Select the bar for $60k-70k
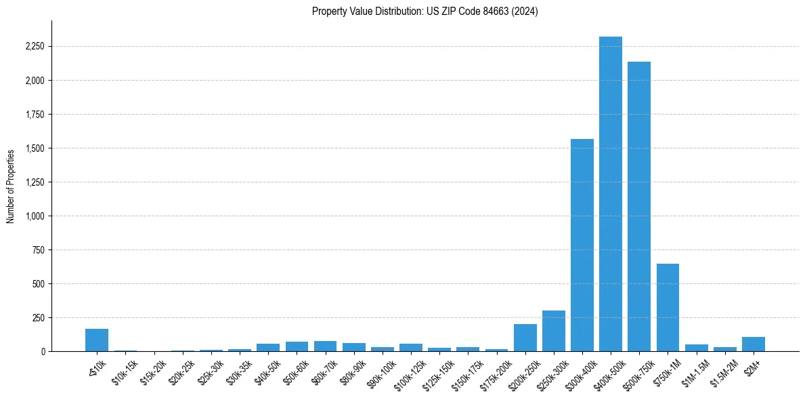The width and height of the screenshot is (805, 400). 325,346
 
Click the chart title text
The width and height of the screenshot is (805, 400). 425,12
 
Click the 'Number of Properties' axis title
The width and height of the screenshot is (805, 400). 11,186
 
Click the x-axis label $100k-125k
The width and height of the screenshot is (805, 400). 411,371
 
